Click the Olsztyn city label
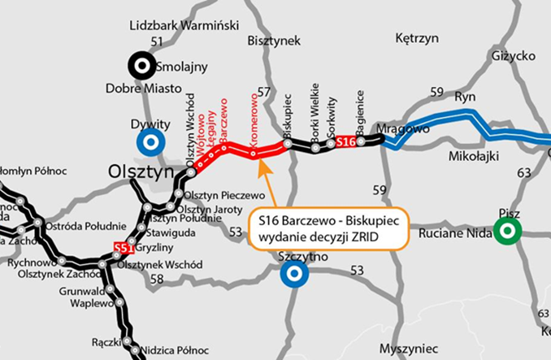pos(141,172)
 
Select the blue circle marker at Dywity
pos(150,143)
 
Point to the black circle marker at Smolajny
pos(143,67)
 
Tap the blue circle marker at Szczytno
pos(290,275)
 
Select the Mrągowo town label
pos(404,128)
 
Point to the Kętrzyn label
pos(416,38)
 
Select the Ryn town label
pos(465,96)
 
